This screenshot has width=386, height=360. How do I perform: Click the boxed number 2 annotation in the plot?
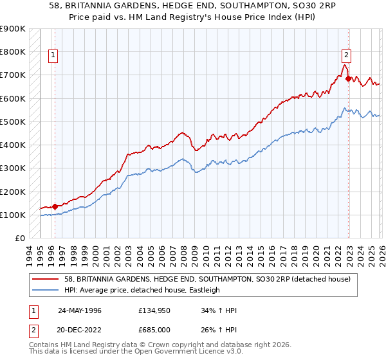coord(347,55)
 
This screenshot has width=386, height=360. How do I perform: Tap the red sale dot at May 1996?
coord(55,206)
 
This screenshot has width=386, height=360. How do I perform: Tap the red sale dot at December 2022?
coord(349,79)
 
